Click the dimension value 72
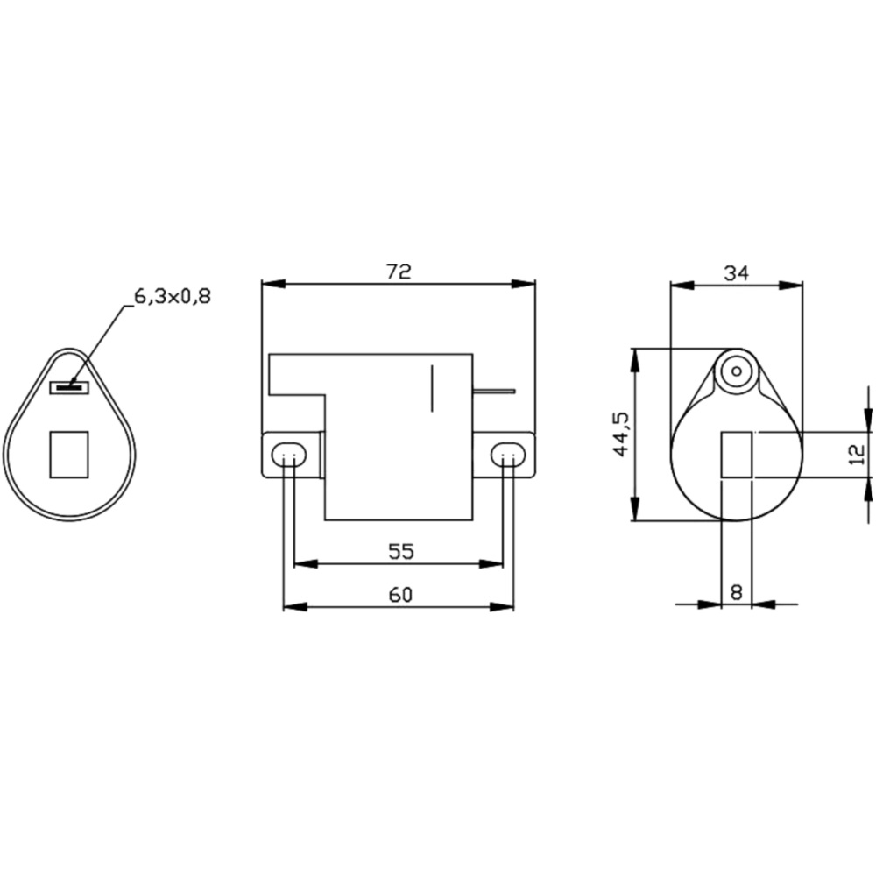399,272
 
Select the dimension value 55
400,551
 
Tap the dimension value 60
399,595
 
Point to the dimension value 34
736,273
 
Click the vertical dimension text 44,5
620,434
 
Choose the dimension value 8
736,592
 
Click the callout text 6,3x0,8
173,296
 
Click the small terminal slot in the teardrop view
69,386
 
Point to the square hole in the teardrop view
69,455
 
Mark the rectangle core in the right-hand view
736,456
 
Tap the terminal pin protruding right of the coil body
494,392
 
